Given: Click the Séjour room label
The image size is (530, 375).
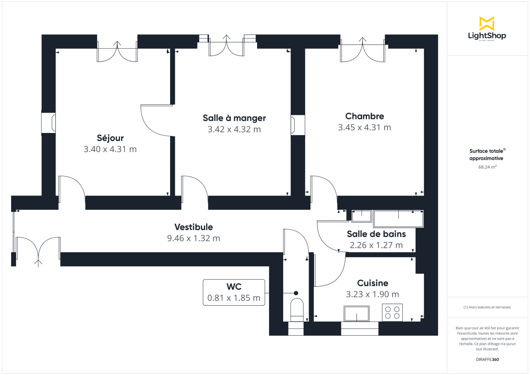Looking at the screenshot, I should [110, 138].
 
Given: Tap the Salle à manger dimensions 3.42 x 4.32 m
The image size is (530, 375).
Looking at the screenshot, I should [234, 129].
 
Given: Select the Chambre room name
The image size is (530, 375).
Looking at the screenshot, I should [364, 116].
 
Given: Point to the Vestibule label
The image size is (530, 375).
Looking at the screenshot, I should [193, 227].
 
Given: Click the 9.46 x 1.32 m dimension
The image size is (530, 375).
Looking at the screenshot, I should [193, 239].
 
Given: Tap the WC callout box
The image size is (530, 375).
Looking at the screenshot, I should [234, 292].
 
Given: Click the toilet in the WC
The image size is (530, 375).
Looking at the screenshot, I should [296, 309].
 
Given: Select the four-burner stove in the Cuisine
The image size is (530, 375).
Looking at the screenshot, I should [392, 312].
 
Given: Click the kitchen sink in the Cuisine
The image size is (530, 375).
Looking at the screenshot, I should [357, 314].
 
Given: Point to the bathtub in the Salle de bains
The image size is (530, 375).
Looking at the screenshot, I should [398, 219].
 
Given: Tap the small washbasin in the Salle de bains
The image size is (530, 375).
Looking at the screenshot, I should [362, 216].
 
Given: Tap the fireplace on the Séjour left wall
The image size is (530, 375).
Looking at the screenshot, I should [48, 123].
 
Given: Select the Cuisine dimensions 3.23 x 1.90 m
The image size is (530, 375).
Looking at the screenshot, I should [373, 294].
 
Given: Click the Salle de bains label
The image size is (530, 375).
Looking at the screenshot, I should [376, 234].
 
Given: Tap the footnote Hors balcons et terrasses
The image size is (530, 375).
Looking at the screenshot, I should [487, 307].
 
